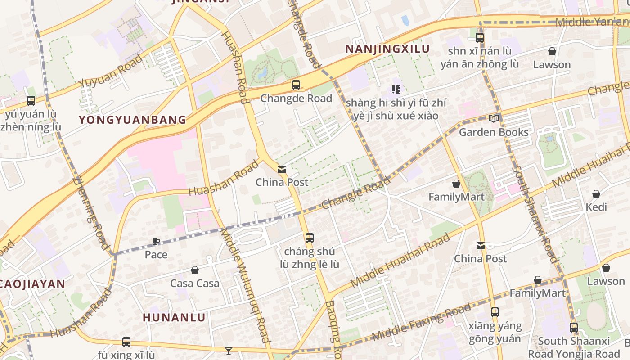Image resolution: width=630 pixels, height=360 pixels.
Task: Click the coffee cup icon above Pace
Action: (156, 242)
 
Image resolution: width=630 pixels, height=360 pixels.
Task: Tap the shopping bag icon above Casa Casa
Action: (195, 270)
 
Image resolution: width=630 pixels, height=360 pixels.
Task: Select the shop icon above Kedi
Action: (596, 194)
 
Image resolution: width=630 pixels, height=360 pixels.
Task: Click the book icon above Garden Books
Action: (494, 118)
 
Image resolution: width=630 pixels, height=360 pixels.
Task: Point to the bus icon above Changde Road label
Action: (296, 85)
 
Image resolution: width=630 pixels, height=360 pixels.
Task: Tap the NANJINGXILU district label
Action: (387, 49)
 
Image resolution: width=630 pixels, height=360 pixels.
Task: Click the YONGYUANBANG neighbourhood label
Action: (132, 120)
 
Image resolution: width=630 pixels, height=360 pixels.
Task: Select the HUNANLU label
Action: (174, 317)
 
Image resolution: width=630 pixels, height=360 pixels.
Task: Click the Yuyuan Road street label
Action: (111, 71)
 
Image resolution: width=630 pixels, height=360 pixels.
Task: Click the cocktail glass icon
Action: (229, 351)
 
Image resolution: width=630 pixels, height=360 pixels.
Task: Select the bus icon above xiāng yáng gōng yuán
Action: (495, 312)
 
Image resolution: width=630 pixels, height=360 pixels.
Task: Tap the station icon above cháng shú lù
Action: (310, 238)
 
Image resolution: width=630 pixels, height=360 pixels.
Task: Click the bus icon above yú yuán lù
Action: (31, 101)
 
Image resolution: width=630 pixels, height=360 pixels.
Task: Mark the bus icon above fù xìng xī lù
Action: (126, 342)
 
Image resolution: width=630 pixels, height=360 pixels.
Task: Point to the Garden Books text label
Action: (494, 132)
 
